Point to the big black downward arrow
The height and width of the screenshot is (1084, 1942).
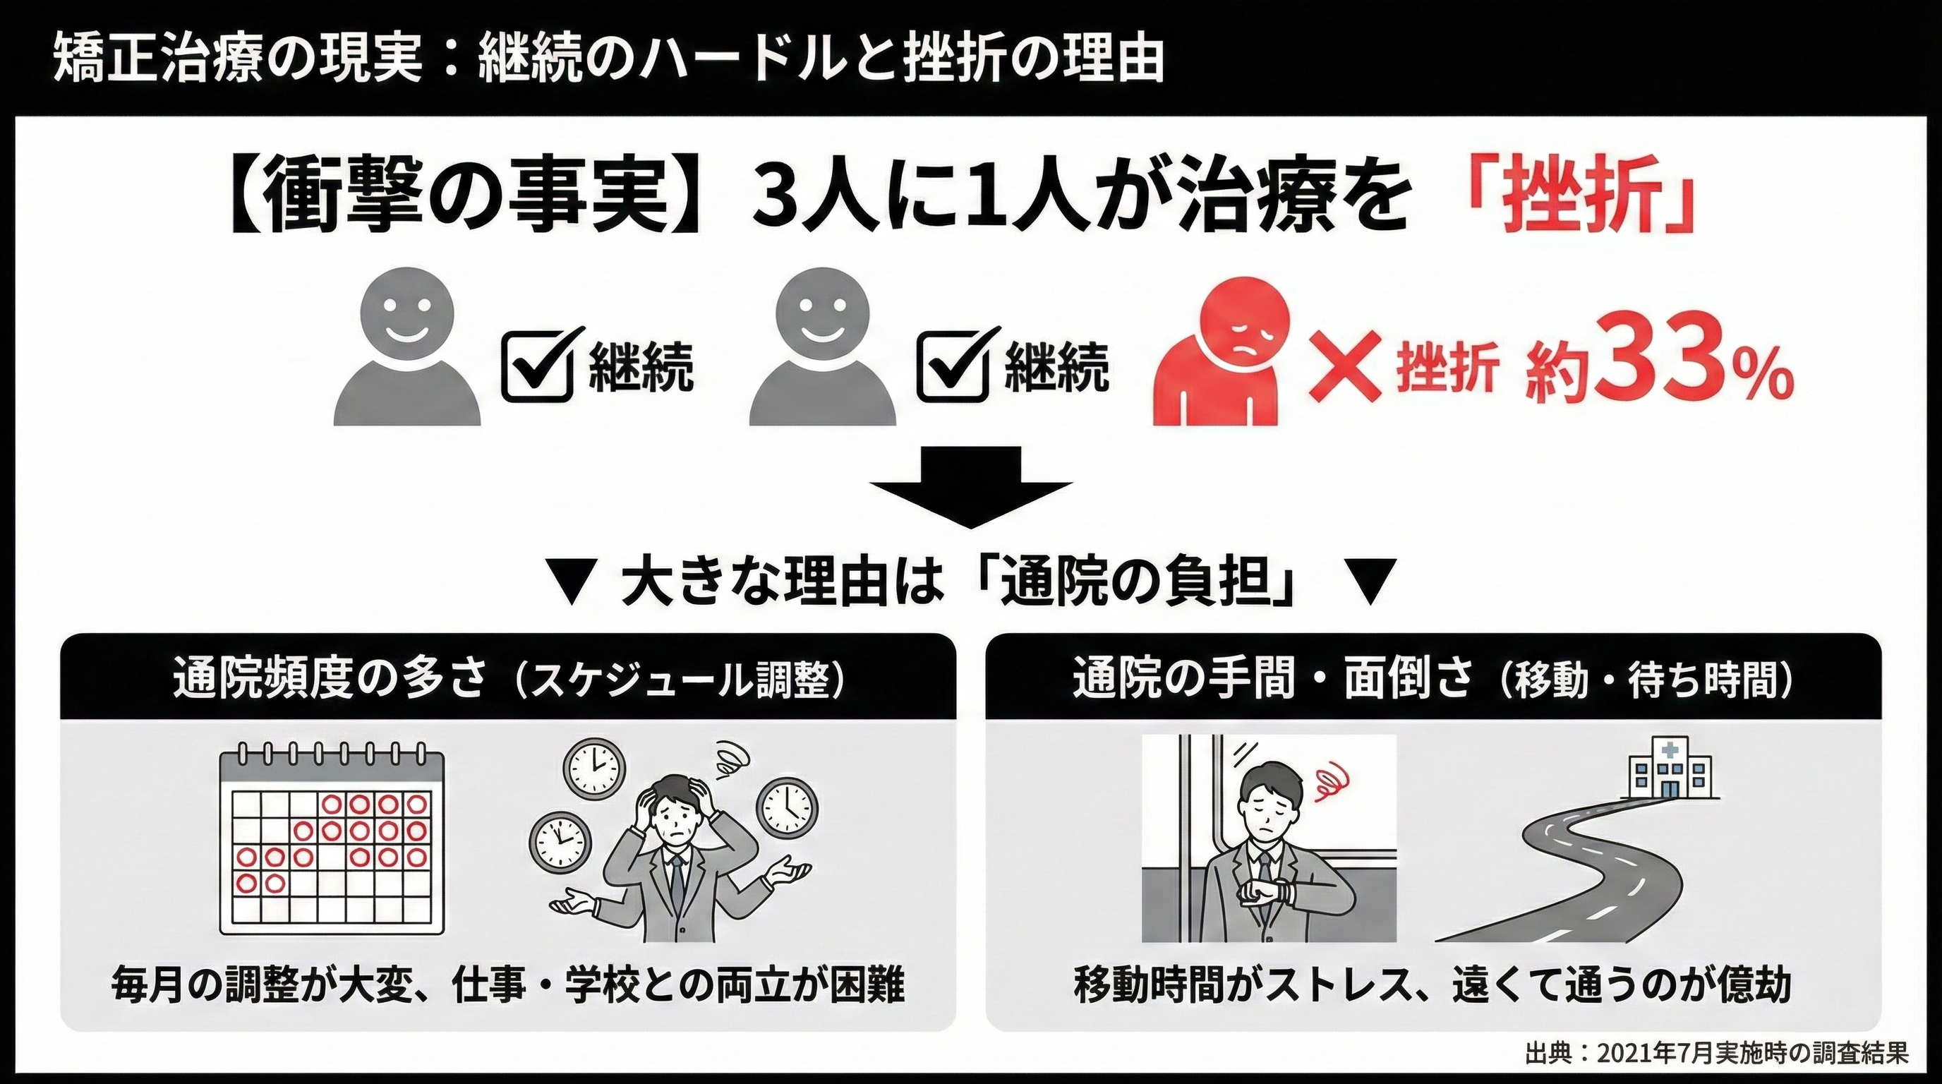click(971, 490)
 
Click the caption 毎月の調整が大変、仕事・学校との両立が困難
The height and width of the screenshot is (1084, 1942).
click(507, 984)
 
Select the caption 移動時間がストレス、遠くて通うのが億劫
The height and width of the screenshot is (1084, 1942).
click(1433, 984)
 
